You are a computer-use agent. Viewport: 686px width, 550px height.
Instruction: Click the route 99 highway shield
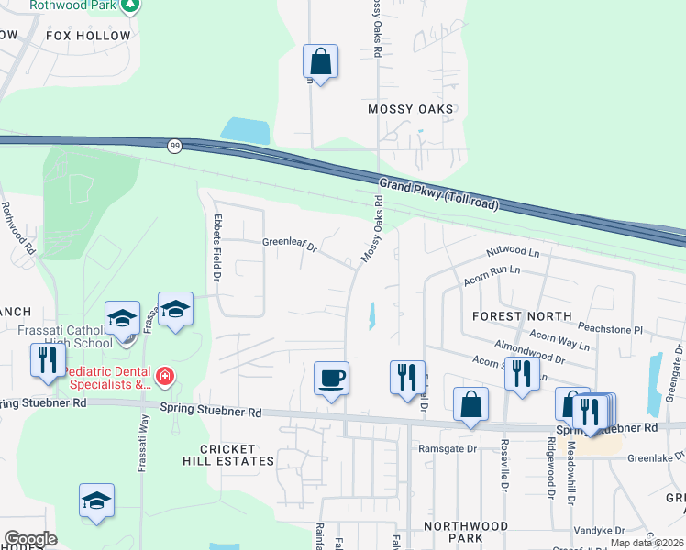click(174, 145)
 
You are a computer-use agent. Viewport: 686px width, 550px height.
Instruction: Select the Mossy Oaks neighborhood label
click(410, 109)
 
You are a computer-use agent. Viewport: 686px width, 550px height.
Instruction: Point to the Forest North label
click(522, 315)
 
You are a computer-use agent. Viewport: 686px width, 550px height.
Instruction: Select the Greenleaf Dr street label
click(289, 246)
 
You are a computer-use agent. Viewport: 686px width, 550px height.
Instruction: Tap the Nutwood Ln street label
click(513, 250)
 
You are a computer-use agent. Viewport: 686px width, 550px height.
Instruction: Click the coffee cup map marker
click(331, 378)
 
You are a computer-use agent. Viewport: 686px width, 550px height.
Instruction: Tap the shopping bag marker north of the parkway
click(321, 61)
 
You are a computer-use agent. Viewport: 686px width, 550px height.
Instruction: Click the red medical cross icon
click(164, 376)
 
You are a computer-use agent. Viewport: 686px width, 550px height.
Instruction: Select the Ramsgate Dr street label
click(448, 448)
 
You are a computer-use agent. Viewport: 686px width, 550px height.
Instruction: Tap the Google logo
click(30, 539)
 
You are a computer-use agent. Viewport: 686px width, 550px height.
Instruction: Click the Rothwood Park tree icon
click(131, 5)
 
